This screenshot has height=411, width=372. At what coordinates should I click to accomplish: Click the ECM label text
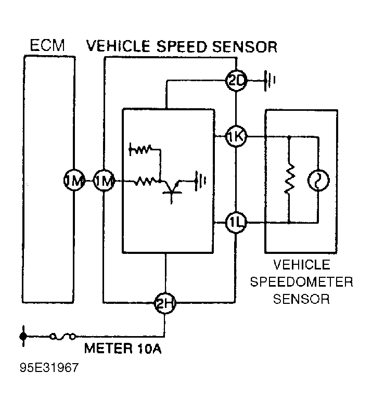click(x=47, y=45)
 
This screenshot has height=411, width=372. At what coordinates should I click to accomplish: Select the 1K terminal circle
click(x=236, y=137)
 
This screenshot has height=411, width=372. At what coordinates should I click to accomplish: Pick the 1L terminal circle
click(x=236, y=223)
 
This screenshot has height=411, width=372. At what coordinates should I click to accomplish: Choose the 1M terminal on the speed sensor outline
click(x=104, y=181)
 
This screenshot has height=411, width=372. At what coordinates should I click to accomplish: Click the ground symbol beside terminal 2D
click(x=270, y=81)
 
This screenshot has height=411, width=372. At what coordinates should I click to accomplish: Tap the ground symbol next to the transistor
click(x=200, y=182)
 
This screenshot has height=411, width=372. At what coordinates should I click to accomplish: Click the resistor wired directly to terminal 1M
click(x=145, y=182)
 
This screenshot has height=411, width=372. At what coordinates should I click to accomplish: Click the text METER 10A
click(x=123, y=349)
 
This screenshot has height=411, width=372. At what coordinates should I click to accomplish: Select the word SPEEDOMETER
click(x=302, y=282)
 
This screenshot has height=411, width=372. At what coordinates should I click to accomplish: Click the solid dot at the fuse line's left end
click(x=22, y=337)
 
